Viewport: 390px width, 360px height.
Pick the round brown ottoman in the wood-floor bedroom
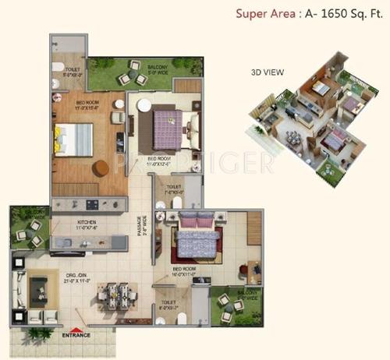click(101, 168)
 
